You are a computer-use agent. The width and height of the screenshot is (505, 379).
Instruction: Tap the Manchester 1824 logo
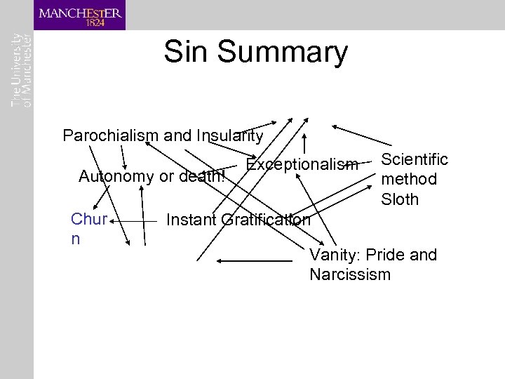pos(80,15)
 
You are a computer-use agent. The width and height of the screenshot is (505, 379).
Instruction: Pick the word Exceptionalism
pos(302,165)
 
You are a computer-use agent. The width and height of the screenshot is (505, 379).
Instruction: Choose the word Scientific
pos(414,159)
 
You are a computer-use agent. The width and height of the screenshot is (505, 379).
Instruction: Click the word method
pos(408,180)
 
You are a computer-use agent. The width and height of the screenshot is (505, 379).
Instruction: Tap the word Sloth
pos(400,199)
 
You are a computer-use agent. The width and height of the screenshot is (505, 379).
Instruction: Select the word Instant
pos(191,220)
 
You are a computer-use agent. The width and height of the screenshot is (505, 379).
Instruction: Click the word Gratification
pos(266,220)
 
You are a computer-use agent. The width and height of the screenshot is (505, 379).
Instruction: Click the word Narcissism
pos(350,274)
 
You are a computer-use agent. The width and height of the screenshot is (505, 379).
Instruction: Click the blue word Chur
pos(88,220)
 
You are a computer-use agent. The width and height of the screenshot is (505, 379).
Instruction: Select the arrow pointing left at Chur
pos(134,220)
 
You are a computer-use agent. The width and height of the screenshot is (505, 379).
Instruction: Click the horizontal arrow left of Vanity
pos(254,261)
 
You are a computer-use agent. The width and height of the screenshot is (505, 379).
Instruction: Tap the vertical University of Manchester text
pos(21,69)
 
